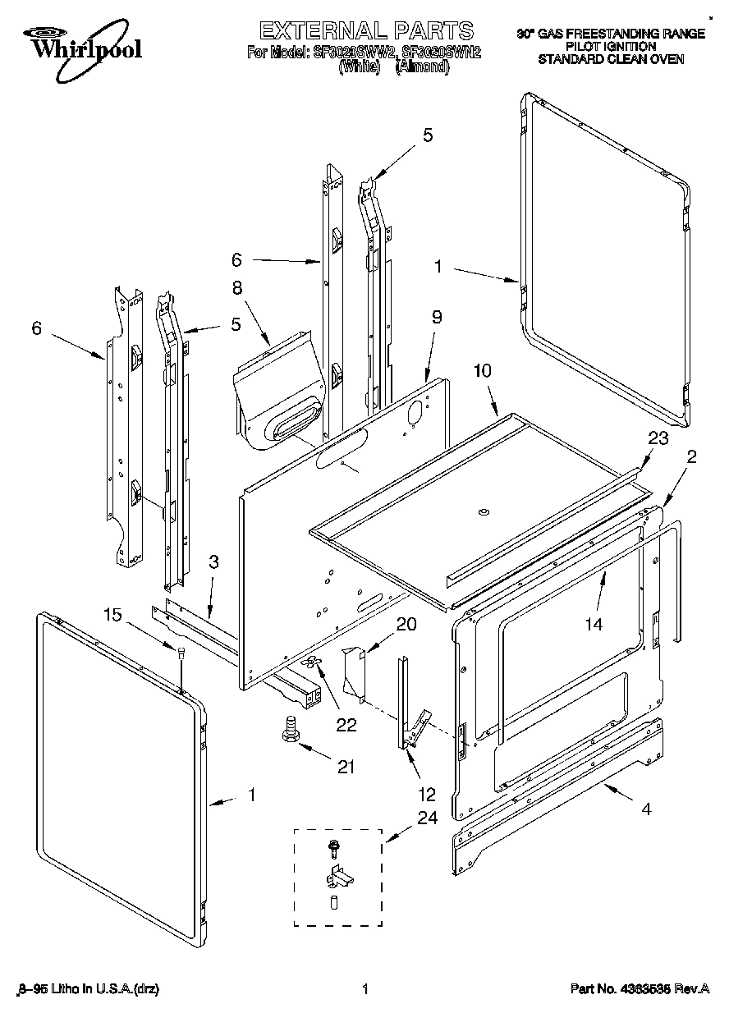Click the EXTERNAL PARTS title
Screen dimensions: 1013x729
pos(365,31)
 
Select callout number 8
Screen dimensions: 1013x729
pos(237,288)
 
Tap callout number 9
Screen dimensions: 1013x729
pos(436,316)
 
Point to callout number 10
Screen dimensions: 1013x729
pos(482,371)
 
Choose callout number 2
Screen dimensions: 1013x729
pos(691,457)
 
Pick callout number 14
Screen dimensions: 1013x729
pos(593,625)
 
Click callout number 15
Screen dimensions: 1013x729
pos(113,614)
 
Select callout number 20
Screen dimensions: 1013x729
pos(406,624)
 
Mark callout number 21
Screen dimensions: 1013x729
pos(346,767)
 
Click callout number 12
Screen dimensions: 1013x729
pos(428,794)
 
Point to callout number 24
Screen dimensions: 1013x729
pos(428,818)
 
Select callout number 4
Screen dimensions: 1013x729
pos(646,809)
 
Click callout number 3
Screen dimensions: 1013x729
pos(213,562)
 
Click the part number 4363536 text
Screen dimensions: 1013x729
pos(640,990)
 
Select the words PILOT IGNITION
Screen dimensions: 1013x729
pos(611,47)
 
